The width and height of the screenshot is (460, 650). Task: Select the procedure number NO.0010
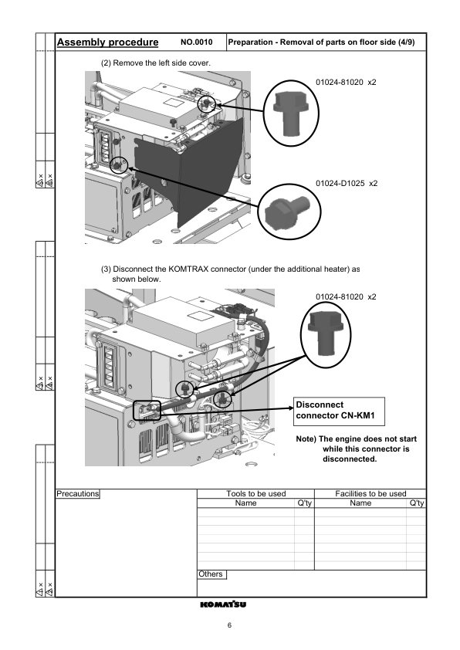click(x=196, y=42)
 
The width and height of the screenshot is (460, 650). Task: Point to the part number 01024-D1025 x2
click(x=346, y=184)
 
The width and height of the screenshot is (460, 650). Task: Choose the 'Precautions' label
click(x=78, y=493)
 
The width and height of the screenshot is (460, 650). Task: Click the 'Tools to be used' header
click(x=255, y=493)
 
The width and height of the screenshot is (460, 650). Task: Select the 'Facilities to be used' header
click(x=370, y=493)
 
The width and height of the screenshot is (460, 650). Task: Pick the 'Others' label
click(x=211, y=574)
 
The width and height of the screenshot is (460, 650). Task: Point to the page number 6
click(x=230, y=625)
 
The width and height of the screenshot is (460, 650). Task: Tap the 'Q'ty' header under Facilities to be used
click(x=417, y=503)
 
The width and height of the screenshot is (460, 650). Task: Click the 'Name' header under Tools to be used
click(x=245, y=503)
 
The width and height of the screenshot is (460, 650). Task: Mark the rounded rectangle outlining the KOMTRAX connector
click(x=145, y=410)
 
